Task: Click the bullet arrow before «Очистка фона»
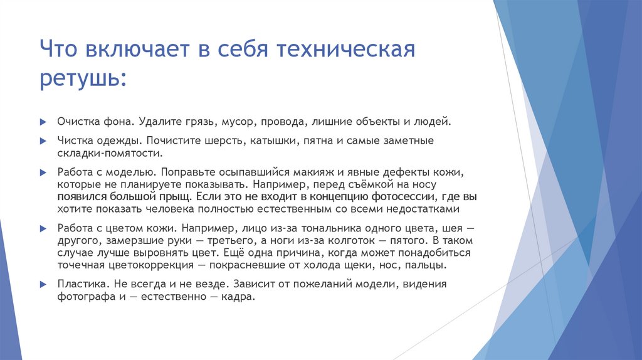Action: (42, 122)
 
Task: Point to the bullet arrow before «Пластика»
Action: (42, 284)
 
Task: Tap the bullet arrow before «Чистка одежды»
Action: (42, 140)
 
